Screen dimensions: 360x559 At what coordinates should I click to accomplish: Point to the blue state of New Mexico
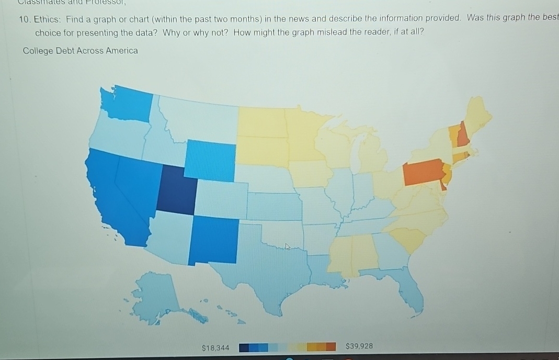214,239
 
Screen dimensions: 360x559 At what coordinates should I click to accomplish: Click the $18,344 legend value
215,347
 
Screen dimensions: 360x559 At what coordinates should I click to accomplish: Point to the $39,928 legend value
359,346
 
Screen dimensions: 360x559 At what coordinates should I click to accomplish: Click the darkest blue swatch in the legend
243,347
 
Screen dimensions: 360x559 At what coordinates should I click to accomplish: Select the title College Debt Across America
81,51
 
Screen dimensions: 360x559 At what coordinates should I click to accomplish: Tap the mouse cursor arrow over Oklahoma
286,246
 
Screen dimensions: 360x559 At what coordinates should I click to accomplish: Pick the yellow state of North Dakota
262,122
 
